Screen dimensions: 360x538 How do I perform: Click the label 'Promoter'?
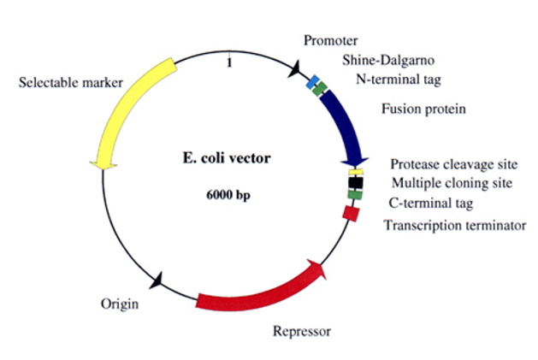click(x=331, y=40)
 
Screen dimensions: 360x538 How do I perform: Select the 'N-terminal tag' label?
click(x=398, y=80)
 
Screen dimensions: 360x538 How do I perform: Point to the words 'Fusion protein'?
click(x=424, y=109)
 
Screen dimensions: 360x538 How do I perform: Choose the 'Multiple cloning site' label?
click(x=452, y=182)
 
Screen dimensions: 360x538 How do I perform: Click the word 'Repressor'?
click(x=300, y=331)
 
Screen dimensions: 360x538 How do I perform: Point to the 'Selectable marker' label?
click(x=70, y=83)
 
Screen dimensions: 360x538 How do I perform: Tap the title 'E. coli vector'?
click(x=226, y=158)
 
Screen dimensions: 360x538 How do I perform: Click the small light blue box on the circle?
click(x=313, y=82)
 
